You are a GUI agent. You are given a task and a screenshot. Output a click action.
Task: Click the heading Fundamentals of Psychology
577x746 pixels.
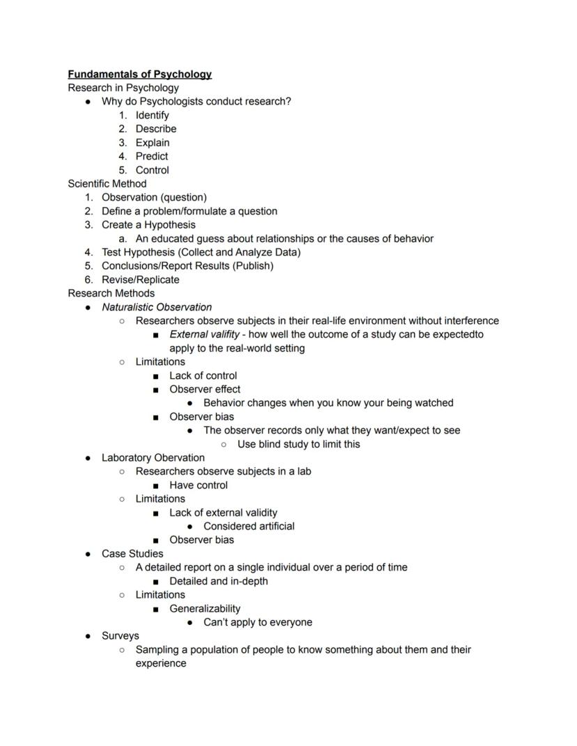(139, 74)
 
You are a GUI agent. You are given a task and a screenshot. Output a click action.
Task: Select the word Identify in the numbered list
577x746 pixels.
(152, 115)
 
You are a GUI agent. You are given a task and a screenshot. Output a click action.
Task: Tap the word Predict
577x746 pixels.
(152, 156)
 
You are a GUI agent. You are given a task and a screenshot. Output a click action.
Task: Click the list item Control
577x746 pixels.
(152, 170)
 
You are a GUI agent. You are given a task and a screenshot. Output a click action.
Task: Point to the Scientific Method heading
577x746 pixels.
(107, 184)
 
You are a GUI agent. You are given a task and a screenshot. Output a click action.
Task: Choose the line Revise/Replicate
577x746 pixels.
(140, 280)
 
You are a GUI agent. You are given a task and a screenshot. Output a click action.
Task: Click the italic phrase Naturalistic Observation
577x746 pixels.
(157, 307)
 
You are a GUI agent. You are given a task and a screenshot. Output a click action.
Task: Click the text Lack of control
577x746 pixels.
(203, 375)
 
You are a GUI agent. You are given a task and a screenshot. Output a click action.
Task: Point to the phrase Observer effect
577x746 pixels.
(205, 389)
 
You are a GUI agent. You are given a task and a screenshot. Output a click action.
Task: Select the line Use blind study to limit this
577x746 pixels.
(298, 444)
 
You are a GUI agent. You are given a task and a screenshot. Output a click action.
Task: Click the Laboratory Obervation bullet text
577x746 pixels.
(153, 458)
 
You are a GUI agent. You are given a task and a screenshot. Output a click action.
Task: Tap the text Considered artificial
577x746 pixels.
(249, 527)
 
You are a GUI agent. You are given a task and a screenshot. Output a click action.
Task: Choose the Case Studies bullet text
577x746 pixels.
(132, 554)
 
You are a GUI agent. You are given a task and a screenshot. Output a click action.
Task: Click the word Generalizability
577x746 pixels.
(205, 609)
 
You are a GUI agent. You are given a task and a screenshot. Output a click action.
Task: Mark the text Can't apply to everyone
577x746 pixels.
(258, 623)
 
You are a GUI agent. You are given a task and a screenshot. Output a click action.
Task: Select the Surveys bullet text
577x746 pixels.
(121, 636)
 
